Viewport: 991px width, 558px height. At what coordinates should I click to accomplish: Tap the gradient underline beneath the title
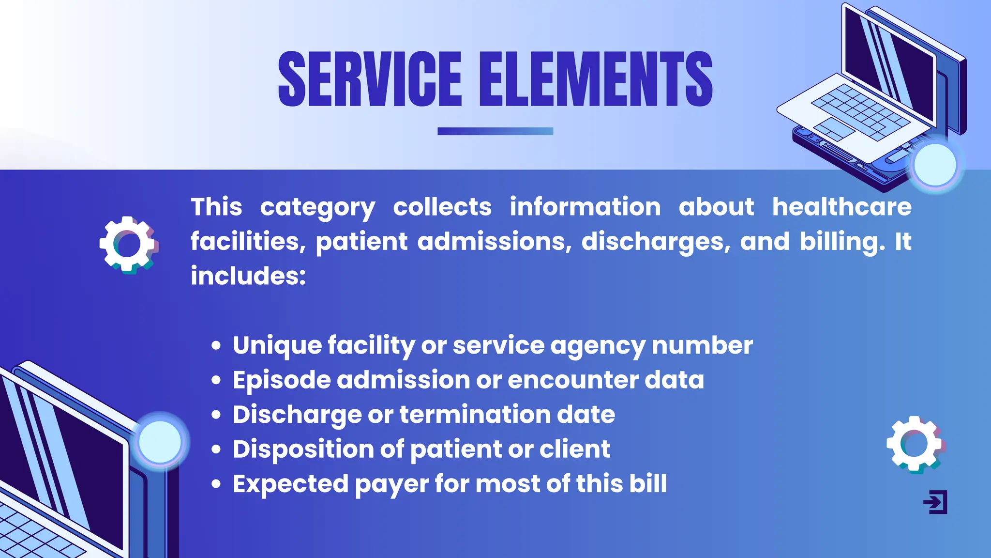pos(495,131)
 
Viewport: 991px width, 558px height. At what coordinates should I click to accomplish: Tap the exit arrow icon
pos(935,502)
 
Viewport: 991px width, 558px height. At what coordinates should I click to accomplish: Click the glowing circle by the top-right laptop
pos(935,165)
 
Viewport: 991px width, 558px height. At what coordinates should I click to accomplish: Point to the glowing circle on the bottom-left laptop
pos(160,442)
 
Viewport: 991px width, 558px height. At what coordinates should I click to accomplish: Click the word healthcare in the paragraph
pos(841,207)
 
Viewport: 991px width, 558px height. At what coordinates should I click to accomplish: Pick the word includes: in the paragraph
pos(248,276)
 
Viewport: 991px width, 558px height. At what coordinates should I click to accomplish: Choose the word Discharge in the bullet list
pos(297,415)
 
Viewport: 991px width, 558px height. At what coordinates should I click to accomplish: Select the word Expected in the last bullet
pos(290,484)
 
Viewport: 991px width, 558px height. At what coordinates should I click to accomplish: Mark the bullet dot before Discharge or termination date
pos(216,415)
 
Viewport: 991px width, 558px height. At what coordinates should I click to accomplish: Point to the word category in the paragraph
pos(317,208)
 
